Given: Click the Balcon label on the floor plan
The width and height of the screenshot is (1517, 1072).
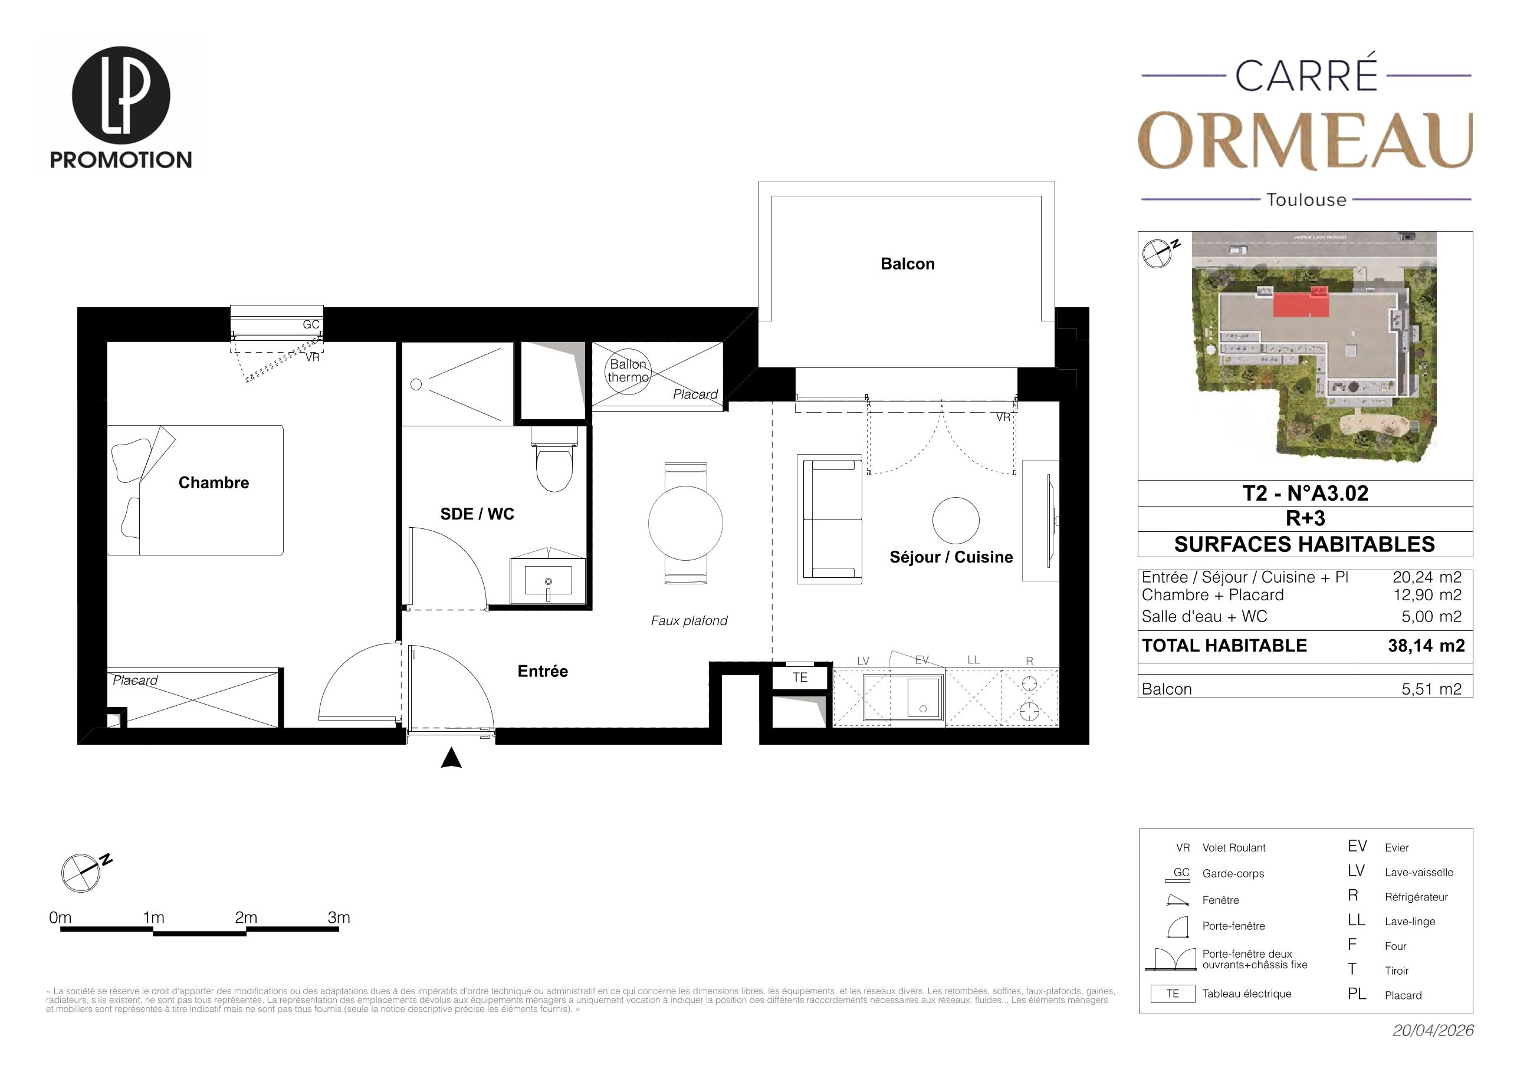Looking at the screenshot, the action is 907,264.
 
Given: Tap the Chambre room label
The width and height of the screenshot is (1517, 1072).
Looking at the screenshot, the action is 214,483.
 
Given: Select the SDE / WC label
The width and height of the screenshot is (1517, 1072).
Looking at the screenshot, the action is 477,514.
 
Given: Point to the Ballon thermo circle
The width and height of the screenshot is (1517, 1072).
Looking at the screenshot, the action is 628,371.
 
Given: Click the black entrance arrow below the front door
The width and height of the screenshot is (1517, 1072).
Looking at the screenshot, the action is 451,758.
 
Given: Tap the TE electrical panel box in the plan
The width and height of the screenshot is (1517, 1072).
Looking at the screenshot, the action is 800,678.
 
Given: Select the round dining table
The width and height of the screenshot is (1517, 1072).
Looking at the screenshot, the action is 685,523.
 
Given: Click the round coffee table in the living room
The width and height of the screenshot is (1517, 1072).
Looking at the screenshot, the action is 955,521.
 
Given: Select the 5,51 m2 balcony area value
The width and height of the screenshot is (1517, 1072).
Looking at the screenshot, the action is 1431,689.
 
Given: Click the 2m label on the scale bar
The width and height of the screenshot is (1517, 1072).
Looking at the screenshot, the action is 246,918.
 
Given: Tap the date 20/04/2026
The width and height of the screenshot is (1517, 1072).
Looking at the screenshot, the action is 1433,1030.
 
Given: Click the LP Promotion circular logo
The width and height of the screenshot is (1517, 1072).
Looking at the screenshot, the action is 121,95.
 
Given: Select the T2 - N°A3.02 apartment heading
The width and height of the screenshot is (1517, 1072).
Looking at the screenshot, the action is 1305,494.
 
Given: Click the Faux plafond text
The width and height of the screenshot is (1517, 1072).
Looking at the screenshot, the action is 689,621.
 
